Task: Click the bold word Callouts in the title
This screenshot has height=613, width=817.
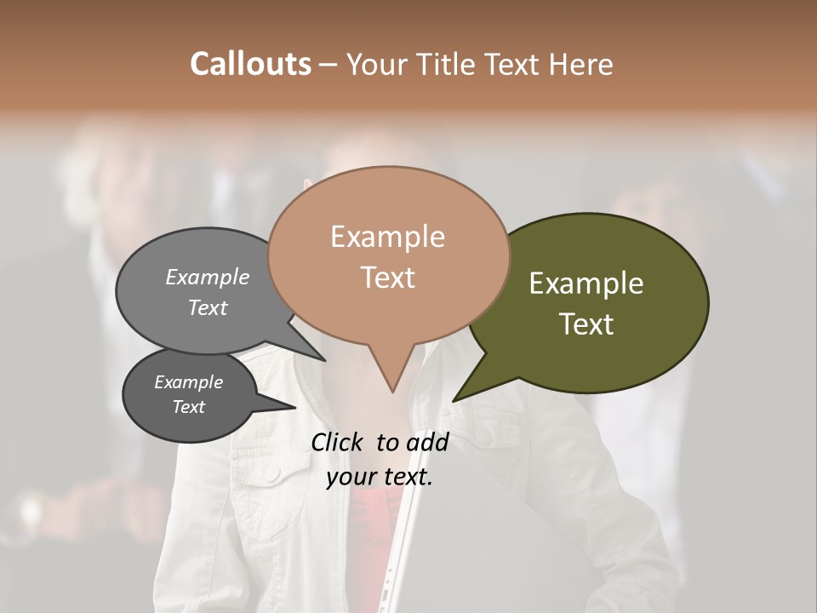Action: (250, 64)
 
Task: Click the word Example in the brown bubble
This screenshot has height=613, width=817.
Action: (387, 237)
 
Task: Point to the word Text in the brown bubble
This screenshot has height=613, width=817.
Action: (387, 278)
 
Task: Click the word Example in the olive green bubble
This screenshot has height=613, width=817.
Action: (586, 284)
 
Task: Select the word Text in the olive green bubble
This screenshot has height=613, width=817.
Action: (586, 324)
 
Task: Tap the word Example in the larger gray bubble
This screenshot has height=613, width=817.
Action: (207, 278)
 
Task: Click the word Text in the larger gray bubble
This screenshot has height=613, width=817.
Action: (207, 307)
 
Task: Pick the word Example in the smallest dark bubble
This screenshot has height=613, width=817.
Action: (188, 382)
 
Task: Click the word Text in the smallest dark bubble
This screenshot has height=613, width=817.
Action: (188, 407)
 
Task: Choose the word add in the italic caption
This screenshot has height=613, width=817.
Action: (427, 442)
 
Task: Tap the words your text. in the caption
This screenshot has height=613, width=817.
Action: (379, 477)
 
